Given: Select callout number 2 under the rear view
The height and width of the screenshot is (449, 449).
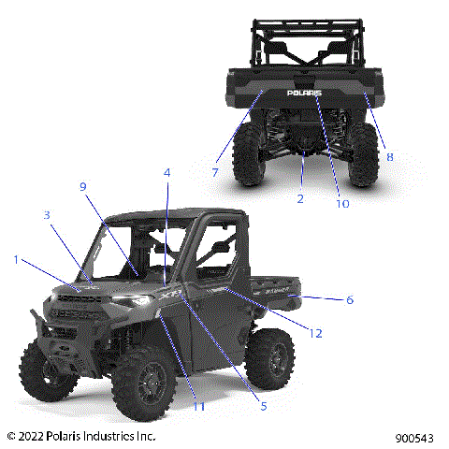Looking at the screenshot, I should (x=300, y=198).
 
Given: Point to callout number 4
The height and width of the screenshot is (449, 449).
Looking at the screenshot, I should (x=167, y=173).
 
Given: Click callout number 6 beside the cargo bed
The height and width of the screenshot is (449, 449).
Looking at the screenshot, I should (x=349, y=300).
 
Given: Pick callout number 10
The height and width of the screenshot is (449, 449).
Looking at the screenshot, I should (x=341, y=203).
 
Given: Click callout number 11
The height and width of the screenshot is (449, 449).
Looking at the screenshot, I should (x=198, y=405).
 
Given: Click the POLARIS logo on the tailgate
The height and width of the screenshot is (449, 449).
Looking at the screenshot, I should (x=304, y=94).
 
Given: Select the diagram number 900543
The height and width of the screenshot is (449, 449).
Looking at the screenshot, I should (x=414, y=437).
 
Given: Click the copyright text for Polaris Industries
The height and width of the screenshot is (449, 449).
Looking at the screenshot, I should (x=80, y=436).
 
